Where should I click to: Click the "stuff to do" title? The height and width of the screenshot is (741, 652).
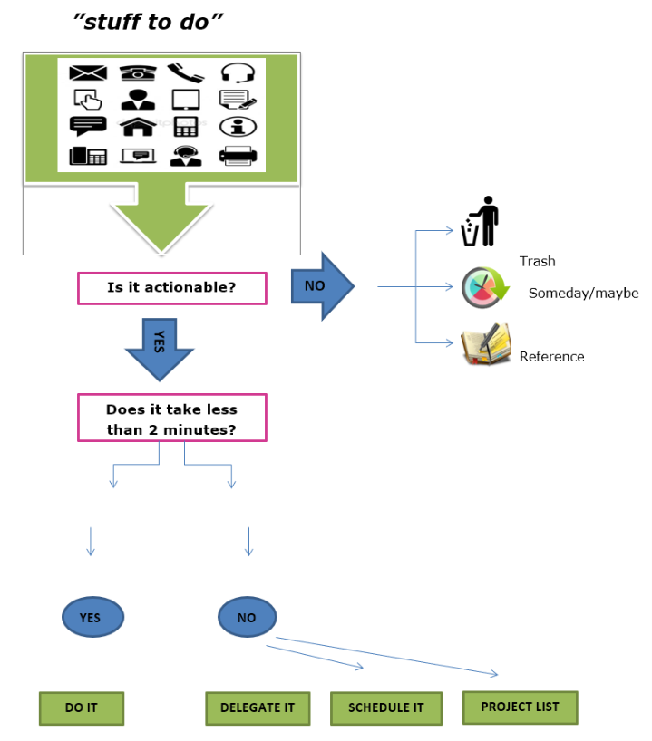[x=148, y=23]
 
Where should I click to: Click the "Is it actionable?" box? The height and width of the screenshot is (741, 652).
[x=172, y=288]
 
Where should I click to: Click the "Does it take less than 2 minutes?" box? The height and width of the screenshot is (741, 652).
[x=172, y=418]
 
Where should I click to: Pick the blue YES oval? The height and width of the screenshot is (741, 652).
[x=92, y=618]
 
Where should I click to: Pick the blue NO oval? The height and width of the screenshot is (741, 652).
[x=247, y=618]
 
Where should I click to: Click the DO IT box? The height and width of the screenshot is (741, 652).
[x=81, y=707]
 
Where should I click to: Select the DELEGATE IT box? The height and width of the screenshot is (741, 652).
[x=258, y=707]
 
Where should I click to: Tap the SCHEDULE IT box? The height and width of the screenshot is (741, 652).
[x=386, y=707]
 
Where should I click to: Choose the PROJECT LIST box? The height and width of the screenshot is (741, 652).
[x=520, y=707]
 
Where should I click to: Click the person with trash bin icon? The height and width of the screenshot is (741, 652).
[x=481, y=222]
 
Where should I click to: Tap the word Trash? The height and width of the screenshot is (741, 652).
[x=537, y=262]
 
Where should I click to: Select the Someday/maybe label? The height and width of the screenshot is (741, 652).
[x=583, y=294]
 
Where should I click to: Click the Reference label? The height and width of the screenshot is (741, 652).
[x=551, y=357]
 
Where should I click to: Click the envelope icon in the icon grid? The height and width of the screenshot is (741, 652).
[x=88, y=72]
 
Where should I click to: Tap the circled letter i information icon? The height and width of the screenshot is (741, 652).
[x=238, y=127]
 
